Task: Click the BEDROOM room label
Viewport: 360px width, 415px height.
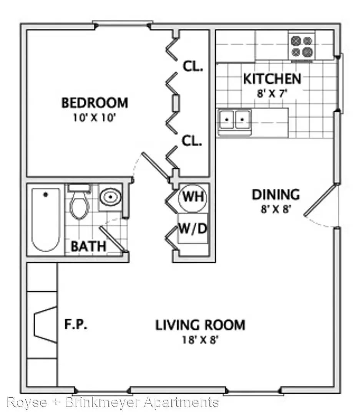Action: click(x=95, y=103)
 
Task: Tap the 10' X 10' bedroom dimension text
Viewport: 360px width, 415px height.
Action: click(x=95, y=118)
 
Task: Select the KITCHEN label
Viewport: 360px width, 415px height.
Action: click(x=272, y=79)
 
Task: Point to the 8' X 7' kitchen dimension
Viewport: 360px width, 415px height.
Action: click(x=272, y=93)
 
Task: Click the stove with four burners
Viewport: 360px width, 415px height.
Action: click(x=302, y=47)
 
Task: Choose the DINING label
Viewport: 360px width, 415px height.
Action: click(x=276, y=195)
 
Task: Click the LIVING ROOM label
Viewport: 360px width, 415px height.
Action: click(x=200, y=325)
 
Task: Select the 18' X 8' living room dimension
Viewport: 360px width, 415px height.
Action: click(x=200, y=340)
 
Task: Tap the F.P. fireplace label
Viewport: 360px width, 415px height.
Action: click(x=76, y=324)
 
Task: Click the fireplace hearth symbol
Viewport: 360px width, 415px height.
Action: click(x=46, y=325)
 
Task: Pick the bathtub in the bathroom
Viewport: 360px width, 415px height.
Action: click(x=46, y=219)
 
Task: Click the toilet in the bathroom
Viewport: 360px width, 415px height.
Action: click(x=79, y=201)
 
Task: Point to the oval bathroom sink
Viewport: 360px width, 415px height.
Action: click(x=111, y=197)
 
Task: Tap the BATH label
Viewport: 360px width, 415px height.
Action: click(x=88, y=246)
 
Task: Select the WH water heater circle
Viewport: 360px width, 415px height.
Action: click(x=193, y=197)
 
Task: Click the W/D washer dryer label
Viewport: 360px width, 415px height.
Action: click(x=192, y=228)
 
